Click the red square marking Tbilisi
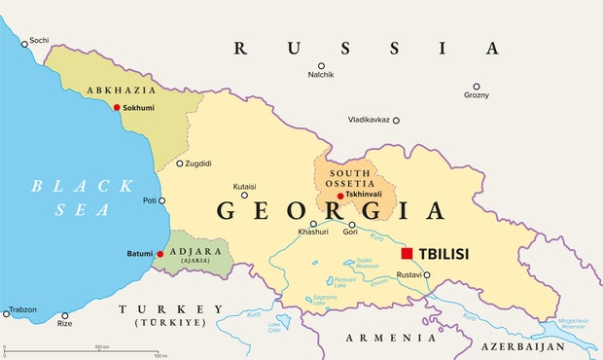point(407,253)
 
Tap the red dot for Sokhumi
point(117,108)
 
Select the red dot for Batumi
point(160,254)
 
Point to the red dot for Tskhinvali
point(339,196)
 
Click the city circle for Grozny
point(476,87)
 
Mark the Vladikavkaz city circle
point(396,120)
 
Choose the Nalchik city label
point(321,75)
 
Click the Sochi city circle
point(25,42)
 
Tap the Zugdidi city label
point(197,163)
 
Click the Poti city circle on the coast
point(161,200)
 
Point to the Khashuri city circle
point(313,224)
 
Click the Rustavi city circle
point(426,275)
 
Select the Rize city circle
point(65,316)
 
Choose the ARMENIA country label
point(392,337)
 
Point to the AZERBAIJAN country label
point(525,345)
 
